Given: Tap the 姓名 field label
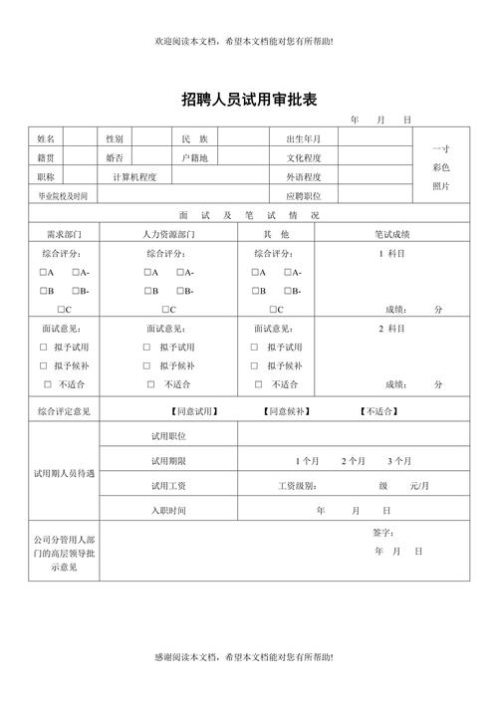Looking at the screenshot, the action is (47, 138).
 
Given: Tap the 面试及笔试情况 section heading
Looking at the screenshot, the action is (249, 215).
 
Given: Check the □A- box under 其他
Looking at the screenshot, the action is (290, 273).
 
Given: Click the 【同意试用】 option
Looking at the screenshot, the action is (194, 410).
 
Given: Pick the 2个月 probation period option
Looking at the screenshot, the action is (354, 461).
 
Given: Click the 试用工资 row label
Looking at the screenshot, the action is (168, 486).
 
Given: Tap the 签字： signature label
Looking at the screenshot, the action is (383, 533).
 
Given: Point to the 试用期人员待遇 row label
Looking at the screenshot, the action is (65, 473).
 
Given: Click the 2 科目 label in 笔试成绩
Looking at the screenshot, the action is (391, 329).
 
